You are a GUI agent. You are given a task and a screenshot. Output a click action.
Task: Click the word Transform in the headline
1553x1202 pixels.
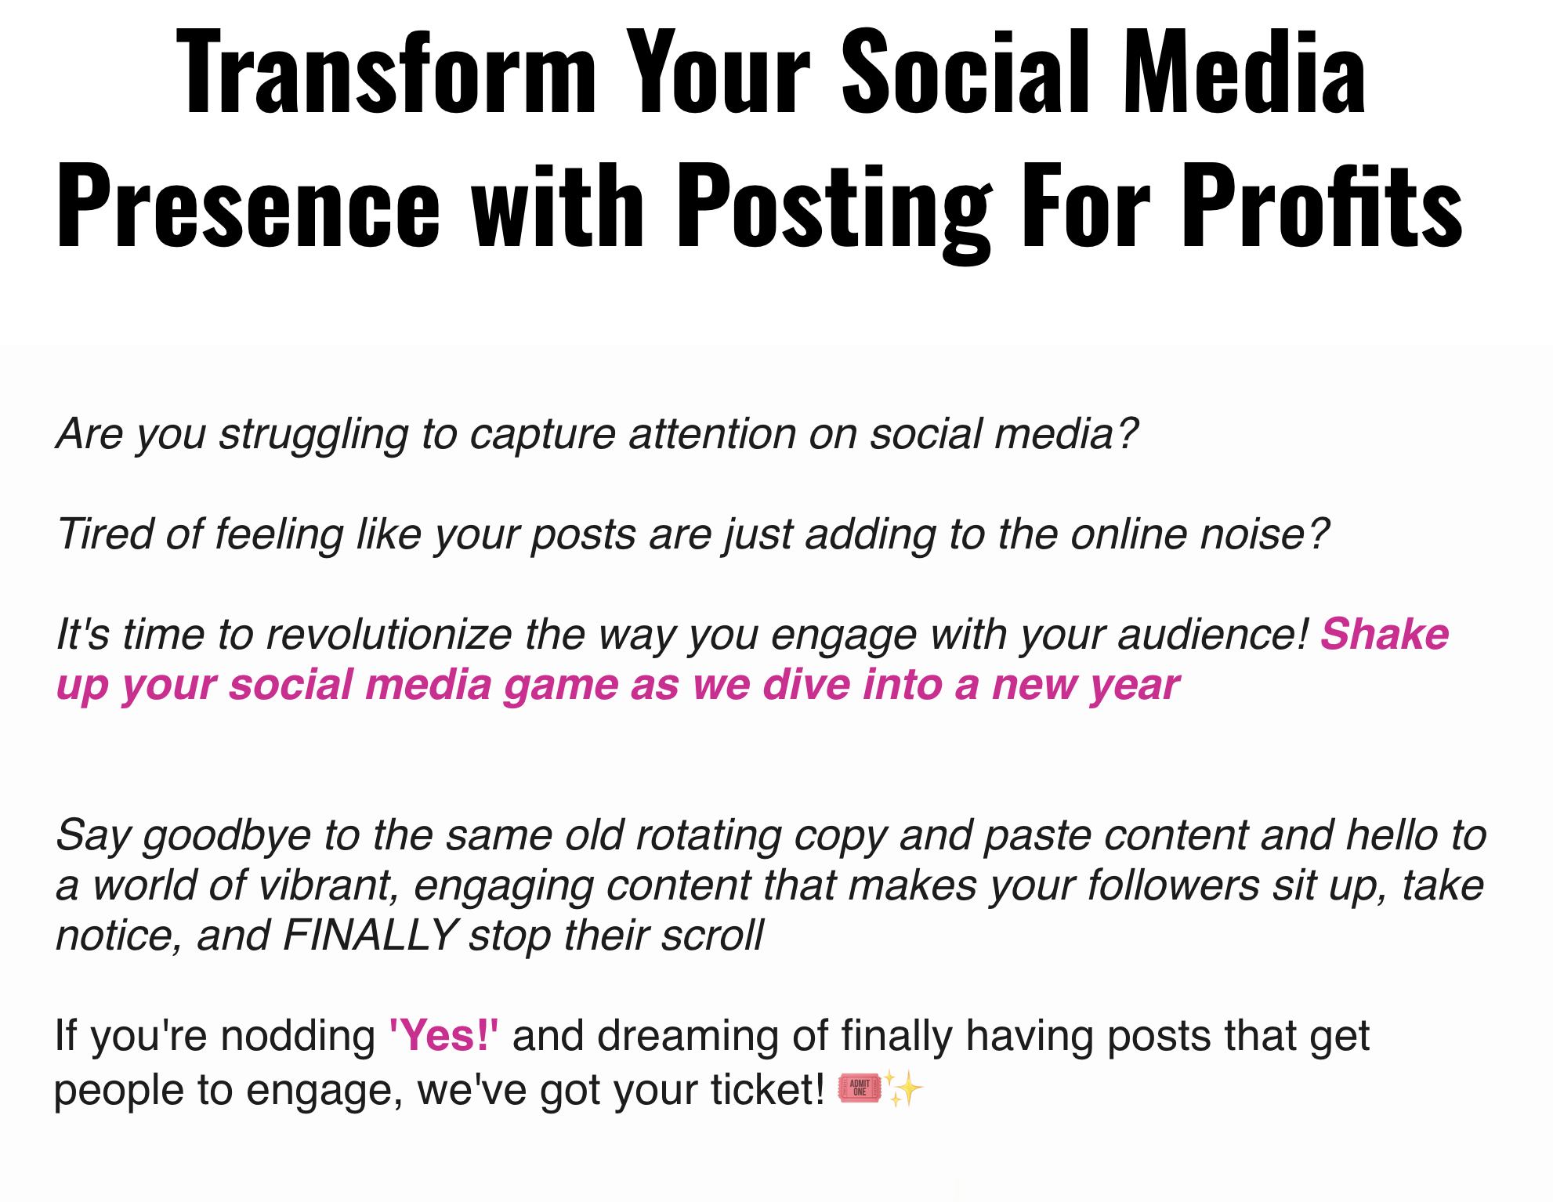click(x=387, y=72)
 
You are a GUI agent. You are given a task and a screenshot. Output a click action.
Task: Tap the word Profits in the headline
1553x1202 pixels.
click(x=1323, y=206)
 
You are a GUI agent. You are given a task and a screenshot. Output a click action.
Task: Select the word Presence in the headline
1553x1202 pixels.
click(x=248, y=206)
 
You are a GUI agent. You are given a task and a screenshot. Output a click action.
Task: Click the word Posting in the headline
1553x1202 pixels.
click(x=835, y=212)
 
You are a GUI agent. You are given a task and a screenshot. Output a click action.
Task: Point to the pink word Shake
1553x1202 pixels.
click(x=1385, y=634)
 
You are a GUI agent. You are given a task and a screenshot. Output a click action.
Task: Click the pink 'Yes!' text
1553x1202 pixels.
click(x=444, y=1035)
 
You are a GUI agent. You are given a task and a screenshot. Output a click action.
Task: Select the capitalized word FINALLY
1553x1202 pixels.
click(x=371, y=935)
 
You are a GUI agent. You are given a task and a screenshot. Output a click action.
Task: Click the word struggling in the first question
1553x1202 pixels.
click(x=313, y=436)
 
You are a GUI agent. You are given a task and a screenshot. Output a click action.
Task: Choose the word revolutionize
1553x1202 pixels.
click(x=389, y=634)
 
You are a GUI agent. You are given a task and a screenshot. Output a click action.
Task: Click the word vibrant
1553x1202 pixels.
click(x=329, y=886)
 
